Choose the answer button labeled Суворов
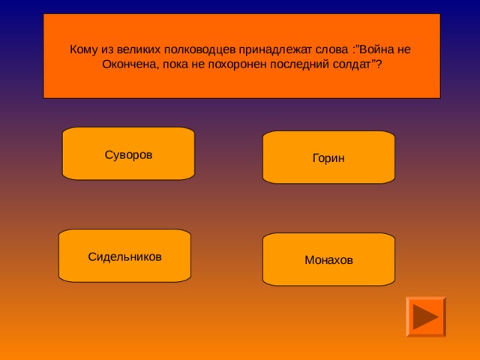128,154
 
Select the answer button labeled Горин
328,158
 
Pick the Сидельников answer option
124,256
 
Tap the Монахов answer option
328,260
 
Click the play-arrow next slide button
425,316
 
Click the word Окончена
126,64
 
